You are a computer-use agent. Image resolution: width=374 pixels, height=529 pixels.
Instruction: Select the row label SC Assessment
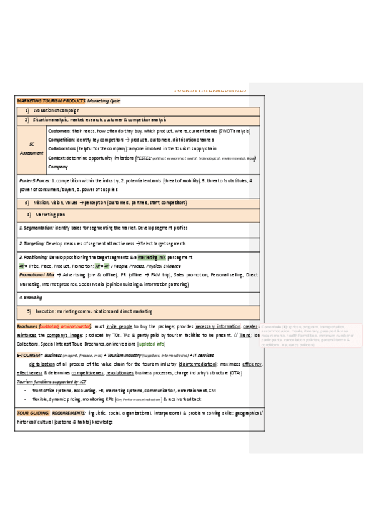coord(32,148)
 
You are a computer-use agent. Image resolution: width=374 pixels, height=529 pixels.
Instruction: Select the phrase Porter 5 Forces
coord(35,180)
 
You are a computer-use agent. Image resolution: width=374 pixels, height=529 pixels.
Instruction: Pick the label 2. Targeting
coord(32,243)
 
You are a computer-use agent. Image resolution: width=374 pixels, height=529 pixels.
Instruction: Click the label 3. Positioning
coord(33,257)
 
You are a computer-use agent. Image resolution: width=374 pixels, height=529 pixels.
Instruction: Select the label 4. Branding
coord(30,298)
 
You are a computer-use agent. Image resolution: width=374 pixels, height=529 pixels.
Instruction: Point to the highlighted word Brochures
coord(27,326)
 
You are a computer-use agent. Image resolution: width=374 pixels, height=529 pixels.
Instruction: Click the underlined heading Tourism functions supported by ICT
coord(51,381)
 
